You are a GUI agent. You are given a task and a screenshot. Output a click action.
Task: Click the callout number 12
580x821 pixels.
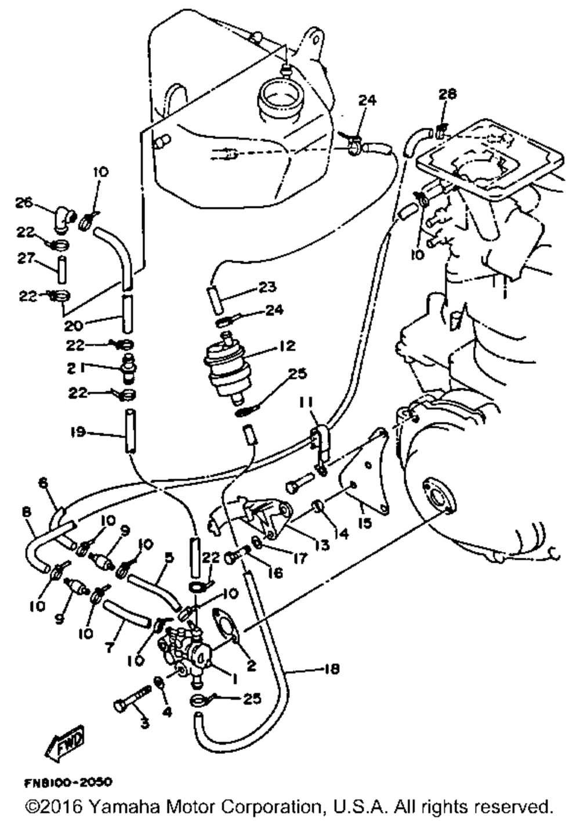tap(287, 346)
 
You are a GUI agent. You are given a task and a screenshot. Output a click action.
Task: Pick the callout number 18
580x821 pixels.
tap(332, 669)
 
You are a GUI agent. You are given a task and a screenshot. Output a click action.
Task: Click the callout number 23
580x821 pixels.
tap(268, 287)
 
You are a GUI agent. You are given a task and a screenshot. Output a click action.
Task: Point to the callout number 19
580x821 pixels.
tap(78, 432)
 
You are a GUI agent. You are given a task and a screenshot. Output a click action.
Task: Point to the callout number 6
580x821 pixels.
tap(42, 483)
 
